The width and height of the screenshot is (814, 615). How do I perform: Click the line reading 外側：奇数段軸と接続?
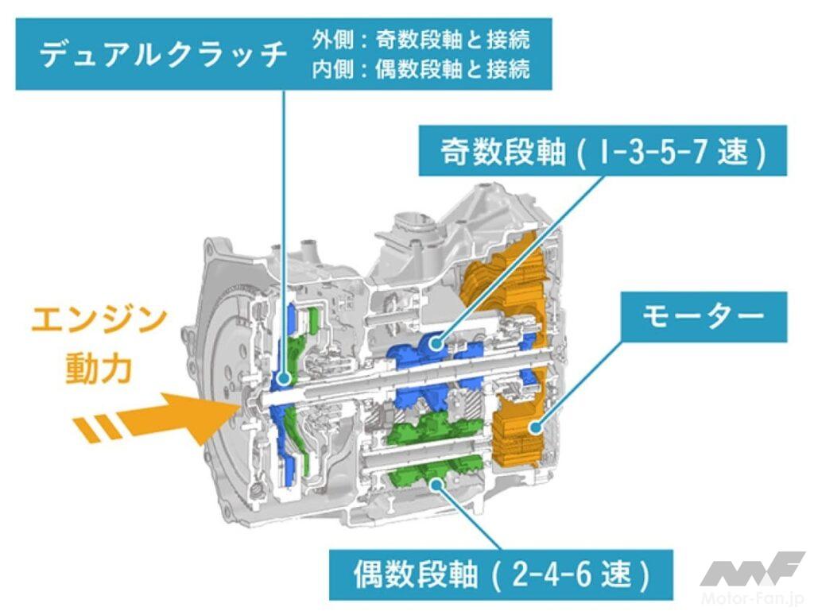[421, 38]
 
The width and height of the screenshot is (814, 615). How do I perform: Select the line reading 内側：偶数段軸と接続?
[421, 69]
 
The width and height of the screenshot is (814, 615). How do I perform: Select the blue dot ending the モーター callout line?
[537, 428]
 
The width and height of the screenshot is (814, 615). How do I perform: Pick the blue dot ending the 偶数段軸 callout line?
[438, 481]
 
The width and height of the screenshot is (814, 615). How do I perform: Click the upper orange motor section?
[509, 285]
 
